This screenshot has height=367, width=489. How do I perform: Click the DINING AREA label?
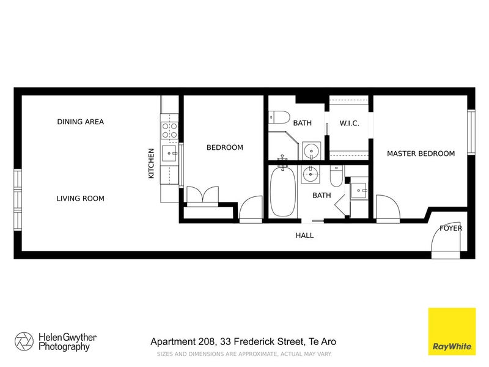(x=80, y=122)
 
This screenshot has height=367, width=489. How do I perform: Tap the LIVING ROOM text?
(x=80, y=198)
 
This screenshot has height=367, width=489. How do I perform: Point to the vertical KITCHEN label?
(x=151, y=164)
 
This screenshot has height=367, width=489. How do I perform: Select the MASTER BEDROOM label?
(x=421, y=154)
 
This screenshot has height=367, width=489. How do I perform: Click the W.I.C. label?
(x=349, y=123)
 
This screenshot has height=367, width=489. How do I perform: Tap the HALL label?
(x=304, y=235)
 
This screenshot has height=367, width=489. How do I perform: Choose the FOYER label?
(x=451, y=229)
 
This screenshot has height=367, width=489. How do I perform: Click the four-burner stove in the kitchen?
(x=169, y=130)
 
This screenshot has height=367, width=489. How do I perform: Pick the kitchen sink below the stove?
(x=169, y=152)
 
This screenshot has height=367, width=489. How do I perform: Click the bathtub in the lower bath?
(x=283, y=191)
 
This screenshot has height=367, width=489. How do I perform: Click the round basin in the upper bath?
(x=312, y=149)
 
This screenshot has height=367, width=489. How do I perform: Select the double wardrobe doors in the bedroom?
(x=201, y=195)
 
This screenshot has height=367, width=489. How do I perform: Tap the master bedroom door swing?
(x=387, y=208)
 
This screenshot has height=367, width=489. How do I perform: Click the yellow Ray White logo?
(x=452, y=331)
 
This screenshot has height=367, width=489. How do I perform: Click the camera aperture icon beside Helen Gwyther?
(x=25, y=341)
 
